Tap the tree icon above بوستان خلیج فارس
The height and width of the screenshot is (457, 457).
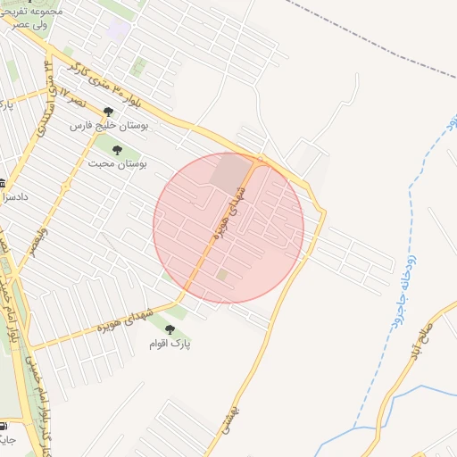pyautogui.click(x=108, y=112)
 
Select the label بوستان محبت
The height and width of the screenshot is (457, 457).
pyautogui.click(x=117, y=164)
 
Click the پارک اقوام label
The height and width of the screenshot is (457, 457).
pyautogui.click(x=170, y=343)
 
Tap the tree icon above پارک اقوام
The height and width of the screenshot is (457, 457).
pyautogui.click(x=170, y=329)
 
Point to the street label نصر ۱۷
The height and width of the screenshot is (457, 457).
pyautogui.click(x=55, y=96)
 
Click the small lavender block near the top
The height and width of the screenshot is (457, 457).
pyautogui.click(x=118, y=29)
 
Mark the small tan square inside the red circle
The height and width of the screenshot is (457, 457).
pyautogui.click(x=221, y=275)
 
